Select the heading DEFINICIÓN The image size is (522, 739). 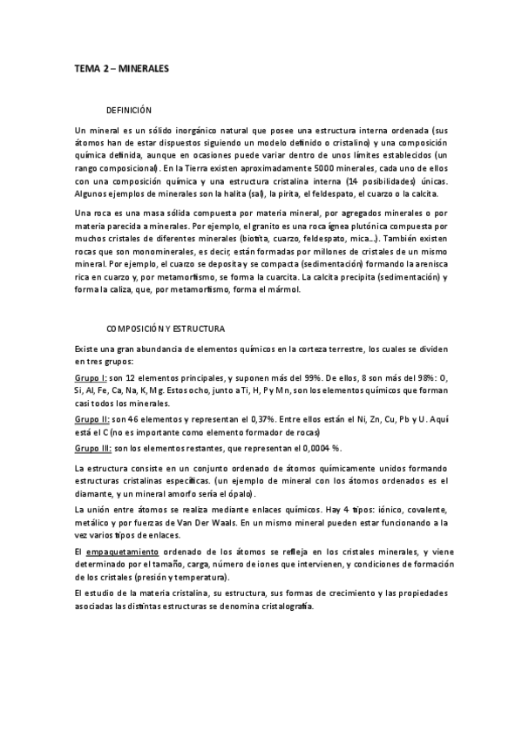point(129,112)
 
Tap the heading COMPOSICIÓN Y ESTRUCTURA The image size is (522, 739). point(166,329)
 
